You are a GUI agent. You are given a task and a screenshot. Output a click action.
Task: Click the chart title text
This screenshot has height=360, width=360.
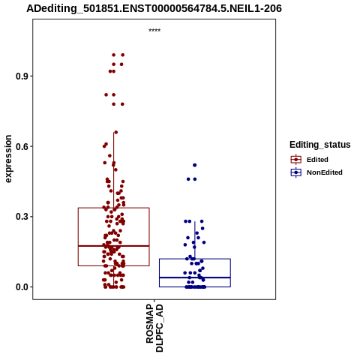pyautogui.click(x=154, y=8)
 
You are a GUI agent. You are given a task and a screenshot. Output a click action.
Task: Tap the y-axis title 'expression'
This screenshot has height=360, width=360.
pyautogui.click(x=8, y=159)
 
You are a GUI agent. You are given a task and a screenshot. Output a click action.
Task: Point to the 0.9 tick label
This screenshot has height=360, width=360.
pyautogui.click(x=22, y=76)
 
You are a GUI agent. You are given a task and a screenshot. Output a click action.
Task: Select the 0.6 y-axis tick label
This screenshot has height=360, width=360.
pyautogui.click(x=22, y=146)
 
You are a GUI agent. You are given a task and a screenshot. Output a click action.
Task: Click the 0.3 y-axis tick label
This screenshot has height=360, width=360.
pyautogui.click(x=22, y=217)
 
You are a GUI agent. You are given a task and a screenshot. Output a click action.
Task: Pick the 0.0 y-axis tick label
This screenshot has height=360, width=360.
pyautogui.click(x=22, y=287)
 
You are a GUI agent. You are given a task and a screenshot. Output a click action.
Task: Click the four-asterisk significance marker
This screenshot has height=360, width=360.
pyautogui.click(x=154, y=31)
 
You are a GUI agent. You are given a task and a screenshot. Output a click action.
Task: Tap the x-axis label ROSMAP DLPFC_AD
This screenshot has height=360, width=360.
pyautogui.click(x=154, y=328)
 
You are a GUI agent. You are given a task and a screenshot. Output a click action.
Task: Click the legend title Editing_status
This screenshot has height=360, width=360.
pyautogui.click(x=320, y=145)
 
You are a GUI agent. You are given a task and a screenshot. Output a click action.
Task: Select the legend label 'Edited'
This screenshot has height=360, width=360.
pyautogui.click(x=317, y=160)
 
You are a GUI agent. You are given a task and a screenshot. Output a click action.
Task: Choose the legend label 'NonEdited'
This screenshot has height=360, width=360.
pyautogui.click(x=325, y=172)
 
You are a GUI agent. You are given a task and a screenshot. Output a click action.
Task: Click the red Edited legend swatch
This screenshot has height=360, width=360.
pyautogui.click(x=296, y=160)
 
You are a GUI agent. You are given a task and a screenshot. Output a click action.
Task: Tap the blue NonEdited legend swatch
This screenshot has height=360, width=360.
pyautogui.click(x=296, y=172)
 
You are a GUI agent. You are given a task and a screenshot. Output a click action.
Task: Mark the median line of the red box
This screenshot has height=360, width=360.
pyautogui.click(x=114, y=246)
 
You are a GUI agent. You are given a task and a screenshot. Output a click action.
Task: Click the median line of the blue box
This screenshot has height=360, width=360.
pyautogui.click(x=195, y=277)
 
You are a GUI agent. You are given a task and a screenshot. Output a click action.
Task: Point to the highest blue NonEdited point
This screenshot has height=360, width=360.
pyautogui.click(x=195, y=165)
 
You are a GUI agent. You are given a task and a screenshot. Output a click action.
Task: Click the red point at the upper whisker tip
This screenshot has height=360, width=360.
pyautogui.click(x=115, y=132)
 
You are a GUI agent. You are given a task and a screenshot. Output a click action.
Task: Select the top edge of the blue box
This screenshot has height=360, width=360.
pyautogui.click(x=195, y=259)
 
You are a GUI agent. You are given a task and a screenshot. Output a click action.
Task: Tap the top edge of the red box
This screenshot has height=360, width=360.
pyautogui.click(x=114, y=208)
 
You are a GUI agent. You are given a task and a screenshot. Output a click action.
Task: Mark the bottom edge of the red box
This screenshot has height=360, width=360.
pyautogui.click(x=114, y=265)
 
